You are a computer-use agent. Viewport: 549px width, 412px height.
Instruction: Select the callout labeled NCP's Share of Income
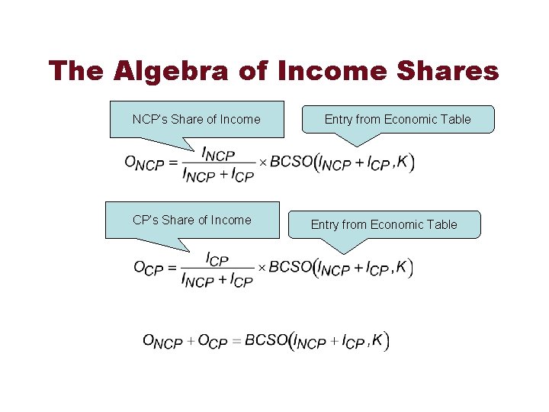coord(196,119)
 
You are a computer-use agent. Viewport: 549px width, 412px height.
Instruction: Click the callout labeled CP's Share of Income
coord(191,220)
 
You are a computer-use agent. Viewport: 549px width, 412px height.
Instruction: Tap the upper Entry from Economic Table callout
coord(397,119)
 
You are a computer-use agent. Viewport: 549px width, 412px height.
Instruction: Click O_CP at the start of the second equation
coord(150,269)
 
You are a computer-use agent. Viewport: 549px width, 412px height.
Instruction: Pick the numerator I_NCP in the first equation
coord(218,155)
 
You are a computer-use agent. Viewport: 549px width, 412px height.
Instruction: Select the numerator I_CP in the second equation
coord(217,259)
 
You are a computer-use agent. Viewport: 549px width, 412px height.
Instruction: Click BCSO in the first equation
coord(291,163)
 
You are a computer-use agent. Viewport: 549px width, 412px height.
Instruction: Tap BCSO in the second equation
coord(291,267)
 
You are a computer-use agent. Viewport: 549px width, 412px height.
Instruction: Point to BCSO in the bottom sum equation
coord(266,340)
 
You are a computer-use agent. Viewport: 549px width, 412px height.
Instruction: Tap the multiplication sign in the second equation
coord(262,269)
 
